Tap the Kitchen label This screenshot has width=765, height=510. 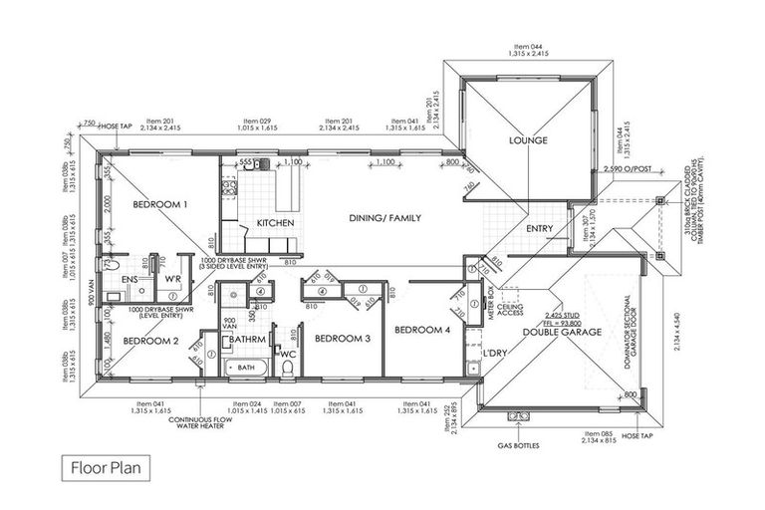tap(274, 222)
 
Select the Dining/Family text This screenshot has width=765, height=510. tap(384, 217)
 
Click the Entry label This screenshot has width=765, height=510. tap(539, 229)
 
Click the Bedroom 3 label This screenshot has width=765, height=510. tap(343, 339)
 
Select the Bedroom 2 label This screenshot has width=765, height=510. tap(150, 340)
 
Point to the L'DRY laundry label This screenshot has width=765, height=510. tap(495, 355)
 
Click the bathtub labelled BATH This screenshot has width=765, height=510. tap(245, 368)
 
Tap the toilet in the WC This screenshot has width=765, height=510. tap(287, 369)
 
